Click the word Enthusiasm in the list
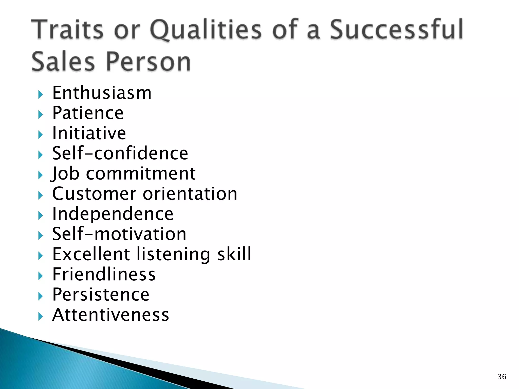coord(102,93)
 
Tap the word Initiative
coord(89,133)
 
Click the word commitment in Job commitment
coord(141,174)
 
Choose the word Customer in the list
coord(94,194)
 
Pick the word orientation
coord(190,194)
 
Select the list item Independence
coord(113,214)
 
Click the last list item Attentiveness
coord(110,315)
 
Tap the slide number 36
coord(502,377)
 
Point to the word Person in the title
coord(148,62)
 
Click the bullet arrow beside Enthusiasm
coord(41,95)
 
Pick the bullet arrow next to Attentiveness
coord(41,316)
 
